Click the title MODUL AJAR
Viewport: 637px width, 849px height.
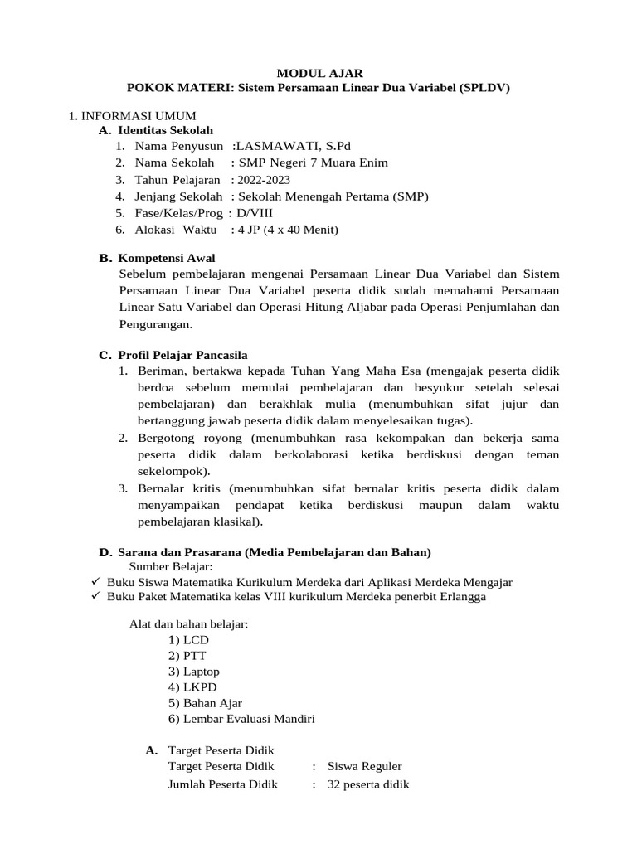[318, 73]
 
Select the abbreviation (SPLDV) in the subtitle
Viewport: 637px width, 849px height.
[482, 87]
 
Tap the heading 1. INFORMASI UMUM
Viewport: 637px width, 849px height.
[132, 116]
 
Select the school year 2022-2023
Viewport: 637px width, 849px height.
[264, 180]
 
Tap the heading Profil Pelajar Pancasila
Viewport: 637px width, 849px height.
[182, 355]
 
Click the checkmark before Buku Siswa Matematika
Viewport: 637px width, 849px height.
[95, 582]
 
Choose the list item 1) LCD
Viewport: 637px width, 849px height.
[188, 640]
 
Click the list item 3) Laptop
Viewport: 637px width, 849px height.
[193, 672]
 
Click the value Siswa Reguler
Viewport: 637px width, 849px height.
[364, 767]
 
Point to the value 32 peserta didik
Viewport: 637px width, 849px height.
[368, 784]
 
